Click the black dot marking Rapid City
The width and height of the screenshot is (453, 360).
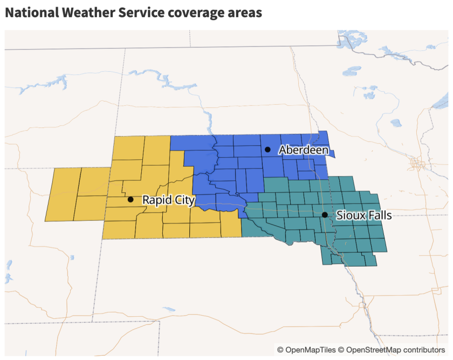pos(131,199)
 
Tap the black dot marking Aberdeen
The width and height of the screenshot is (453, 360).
pos(267,149)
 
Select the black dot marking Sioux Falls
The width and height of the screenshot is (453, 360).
pos(325,215)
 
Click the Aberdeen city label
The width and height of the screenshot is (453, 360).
pos(303,150)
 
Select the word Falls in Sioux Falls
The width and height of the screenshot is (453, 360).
pos(378,215)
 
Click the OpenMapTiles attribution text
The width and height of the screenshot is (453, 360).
pos(311,350)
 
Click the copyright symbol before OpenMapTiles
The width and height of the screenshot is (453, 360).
pos(280,350)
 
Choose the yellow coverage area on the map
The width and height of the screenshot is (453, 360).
pos(81,194)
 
